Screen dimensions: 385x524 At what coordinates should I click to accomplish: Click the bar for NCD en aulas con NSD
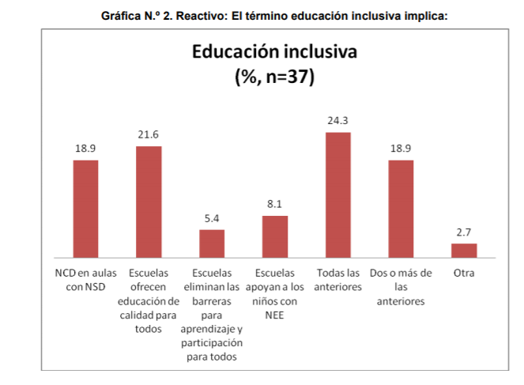click(85, 209)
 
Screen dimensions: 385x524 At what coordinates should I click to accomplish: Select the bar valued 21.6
click(149, 202)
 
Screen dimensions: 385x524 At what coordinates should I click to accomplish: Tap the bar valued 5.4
click(212, 243)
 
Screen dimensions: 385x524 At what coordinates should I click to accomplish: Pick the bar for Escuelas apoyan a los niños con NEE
click(275, 236)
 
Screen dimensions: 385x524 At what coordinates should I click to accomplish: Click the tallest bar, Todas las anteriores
click(338, 194)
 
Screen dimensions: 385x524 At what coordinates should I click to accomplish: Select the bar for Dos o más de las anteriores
click(401, 209)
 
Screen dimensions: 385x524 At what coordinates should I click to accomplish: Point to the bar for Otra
click(464, 250)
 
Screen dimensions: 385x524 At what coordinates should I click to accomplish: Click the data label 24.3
click(338, 121)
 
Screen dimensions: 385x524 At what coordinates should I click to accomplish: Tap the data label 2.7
click(464, 232)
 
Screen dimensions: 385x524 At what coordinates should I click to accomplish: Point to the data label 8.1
click(275, 204)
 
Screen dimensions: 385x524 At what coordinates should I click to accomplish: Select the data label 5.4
click(212, 218)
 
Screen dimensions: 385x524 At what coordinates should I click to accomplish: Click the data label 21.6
click(149, 135)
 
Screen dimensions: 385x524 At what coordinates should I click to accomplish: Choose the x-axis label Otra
click(464, 274)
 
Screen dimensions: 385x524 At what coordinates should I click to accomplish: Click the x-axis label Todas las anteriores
click(338, 280)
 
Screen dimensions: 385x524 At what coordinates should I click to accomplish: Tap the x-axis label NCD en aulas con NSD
click(85, 280)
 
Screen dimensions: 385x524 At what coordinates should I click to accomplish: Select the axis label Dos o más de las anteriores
click(401, 287)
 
